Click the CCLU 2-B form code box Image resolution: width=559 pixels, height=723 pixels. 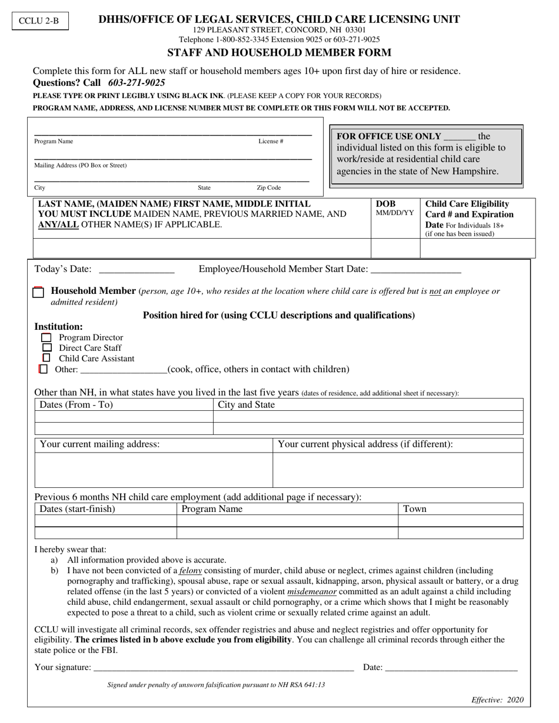click(x=39, y=21)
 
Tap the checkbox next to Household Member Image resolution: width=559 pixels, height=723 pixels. click(x=38, y=292)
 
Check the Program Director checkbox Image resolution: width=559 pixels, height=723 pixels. click(x=46, y=338)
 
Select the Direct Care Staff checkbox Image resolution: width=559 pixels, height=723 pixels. click(x=46, y=348)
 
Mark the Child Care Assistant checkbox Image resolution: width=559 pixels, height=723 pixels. click(x=46, y=358)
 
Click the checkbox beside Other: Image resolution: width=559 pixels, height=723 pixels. click(x=43, y=369)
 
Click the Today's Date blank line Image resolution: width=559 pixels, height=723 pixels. click(x=137, y=270)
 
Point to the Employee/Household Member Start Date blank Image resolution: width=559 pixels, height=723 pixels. click(x=416, y=270)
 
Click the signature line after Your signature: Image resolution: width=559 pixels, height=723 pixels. click(x=224, y=668)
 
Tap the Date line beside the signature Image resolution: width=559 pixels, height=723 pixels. click(x=451, y=668)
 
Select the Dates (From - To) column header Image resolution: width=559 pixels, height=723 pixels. click(x=76, y=405)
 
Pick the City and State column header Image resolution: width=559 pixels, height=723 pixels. click(x=246, y=405)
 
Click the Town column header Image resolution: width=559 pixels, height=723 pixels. click(x=415, y=509)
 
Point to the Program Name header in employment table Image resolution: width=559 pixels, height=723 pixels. click(x=212, y=509)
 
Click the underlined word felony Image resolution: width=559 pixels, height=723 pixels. click(x=191, y=571)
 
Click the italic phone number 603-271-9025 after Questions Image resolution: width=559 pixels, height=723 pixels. click(x=137, y=83)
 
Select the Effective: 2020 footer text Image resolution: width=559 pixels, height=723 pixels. click(x=497, y=700)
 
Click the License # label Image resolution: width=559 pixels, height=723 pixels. click(x=271, y=142)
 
